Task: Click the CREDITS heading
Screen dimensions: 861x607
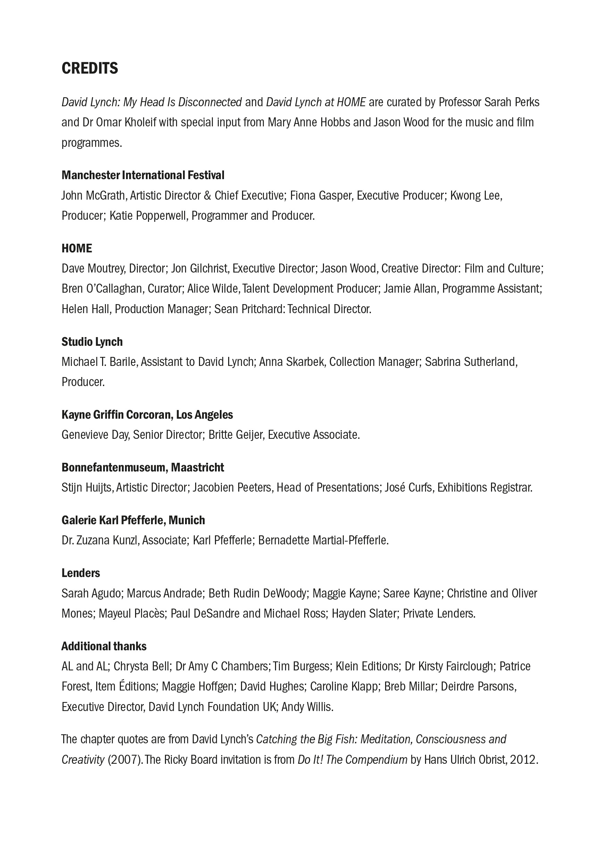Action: (x=90, y=68)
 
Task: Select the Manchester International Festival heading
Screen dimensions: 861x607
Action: (x=143, y=175)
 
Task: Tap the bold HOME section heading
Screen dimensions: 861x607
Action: (x=77, y=248)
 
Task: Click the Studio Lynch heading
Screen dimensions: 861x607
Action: (x=92, y=342)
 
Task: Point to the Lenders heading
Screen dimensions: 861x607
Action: (x=81, y=573)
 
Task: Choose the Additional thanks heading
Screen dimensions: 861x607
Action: (x=104, y=646)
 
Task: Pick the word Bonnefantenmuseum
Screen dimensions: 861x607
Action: (x=115, y=468)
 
